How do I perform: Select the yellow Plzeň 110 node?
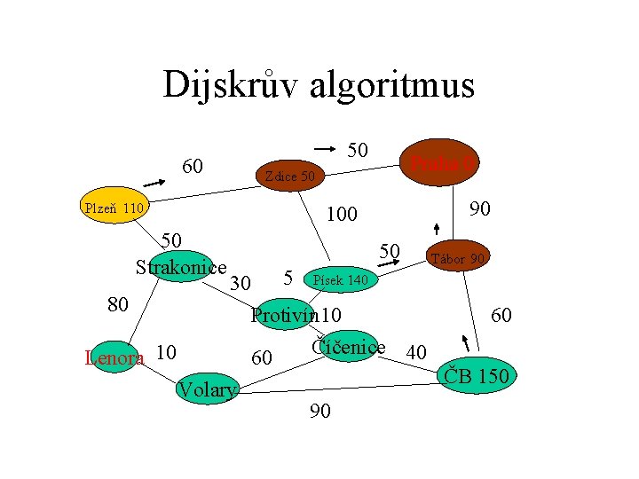(114, 209)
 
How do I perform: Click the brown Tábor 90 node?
(458, 258)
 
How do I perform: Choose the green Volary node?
(208, 389)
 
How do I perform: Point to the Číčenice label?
(348, 347)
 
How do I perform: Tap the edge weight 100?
(341, 215)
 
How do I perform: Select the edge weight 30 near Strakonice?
(240, 283)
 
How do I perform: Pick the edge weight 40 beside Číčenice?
(415, 352)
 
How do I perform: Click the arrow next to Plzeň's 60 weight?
(154, 183)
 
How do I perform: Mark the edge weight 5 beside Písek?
(288, 277)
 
